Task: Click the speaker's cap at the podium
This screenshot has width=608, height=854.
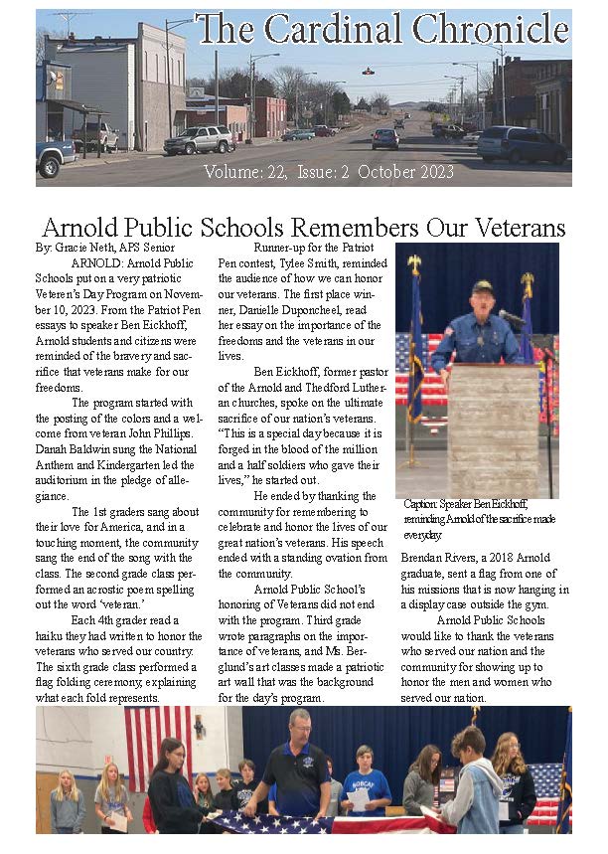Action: pyautogui.click(x=482, y=287)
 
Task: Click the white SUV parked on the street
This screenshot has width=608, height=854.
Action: pyautogui.click(x=199, y=140)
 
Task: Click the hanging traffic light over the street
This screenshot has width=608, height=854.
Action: pyautogui.click(x=369, y=72)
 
